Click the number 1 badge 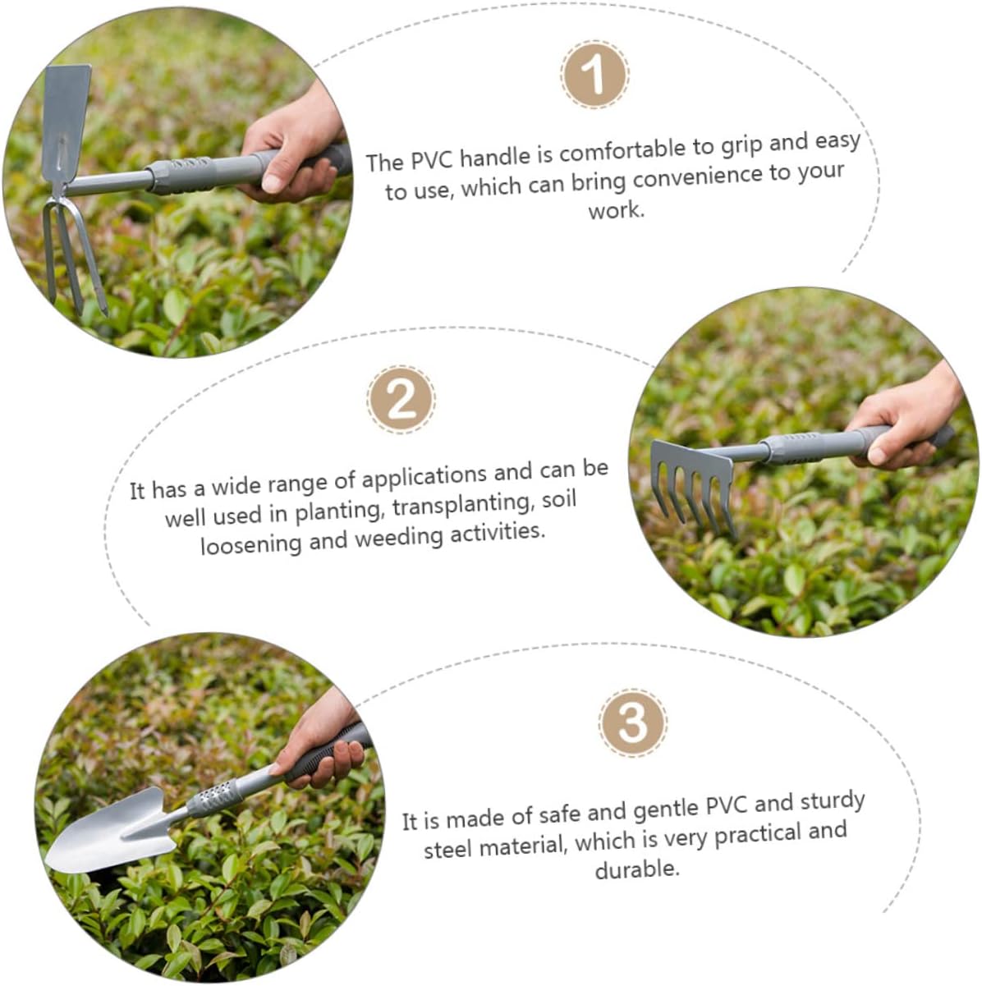594,76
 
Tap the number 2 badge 402,400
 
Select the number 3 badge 633,723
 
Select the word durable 637,869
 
